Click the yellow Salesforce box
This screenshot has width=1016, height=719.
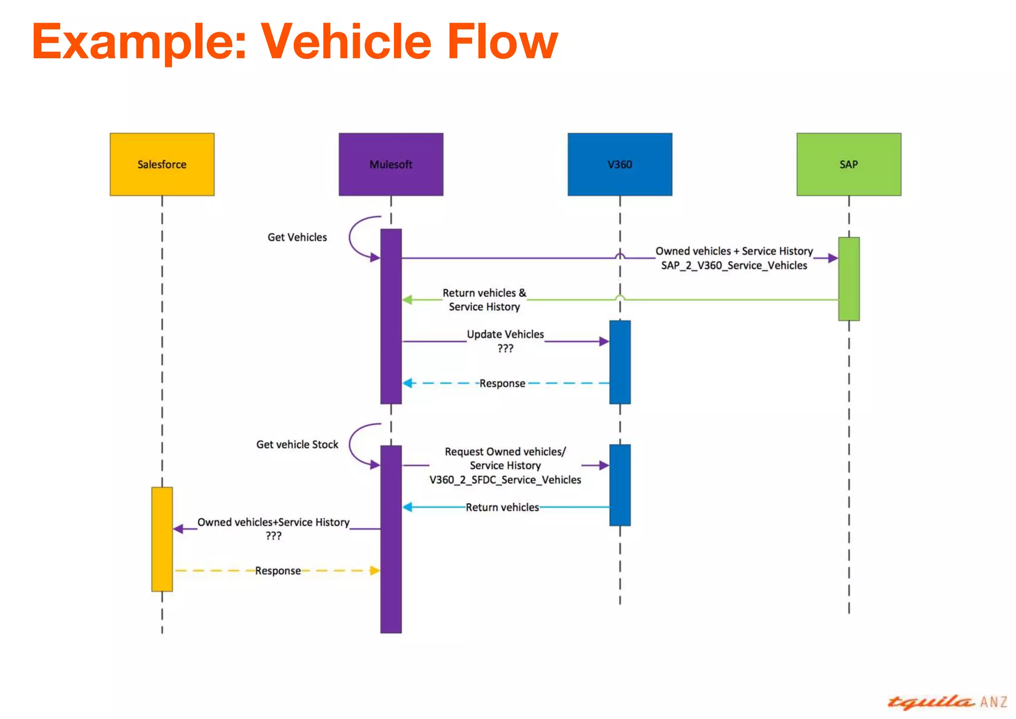[x=162, y=164]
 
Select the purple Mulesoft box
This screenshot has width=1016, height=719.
[x=391, y=164]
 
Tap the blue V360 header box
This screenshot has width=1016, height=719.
[x=620, y=164]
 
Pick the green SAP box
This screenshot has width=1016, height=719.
[x=848, y=164]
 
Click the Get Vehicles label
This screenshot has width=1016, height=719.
[x=297, y=237]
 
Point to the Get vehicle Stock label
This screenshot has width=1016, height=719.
[x=297, y=444]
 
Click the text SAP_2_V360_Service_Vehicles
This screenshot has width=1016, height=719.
[x=734, y=265]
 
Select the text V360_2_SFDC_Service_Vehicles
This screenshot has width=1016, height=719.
[x=505, y=480]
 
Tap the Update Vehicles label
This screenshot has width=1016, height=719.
[x=505, y=334]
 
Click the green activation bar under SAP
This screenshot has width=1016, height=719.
[x=848, y=279]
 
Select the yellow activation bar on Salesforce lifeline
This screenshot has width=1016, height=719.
[x=162, y=539]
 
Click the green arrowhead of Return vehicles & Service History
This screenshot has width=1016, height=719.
[x=407, y=300]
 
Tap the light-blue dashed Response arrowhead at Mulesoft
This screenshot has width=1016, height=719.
[x=407, y=383]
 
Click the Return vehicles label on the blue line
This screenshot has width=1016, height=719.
[x=502, y=507]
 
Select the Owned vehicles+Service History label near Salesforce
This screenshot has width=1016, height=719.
[x=273, y=522]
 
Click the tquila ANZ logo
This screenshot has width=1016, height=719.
[x=947, y=702]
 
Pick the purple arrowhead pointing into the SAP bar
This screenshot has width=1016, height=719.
[x=833, y=258]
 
